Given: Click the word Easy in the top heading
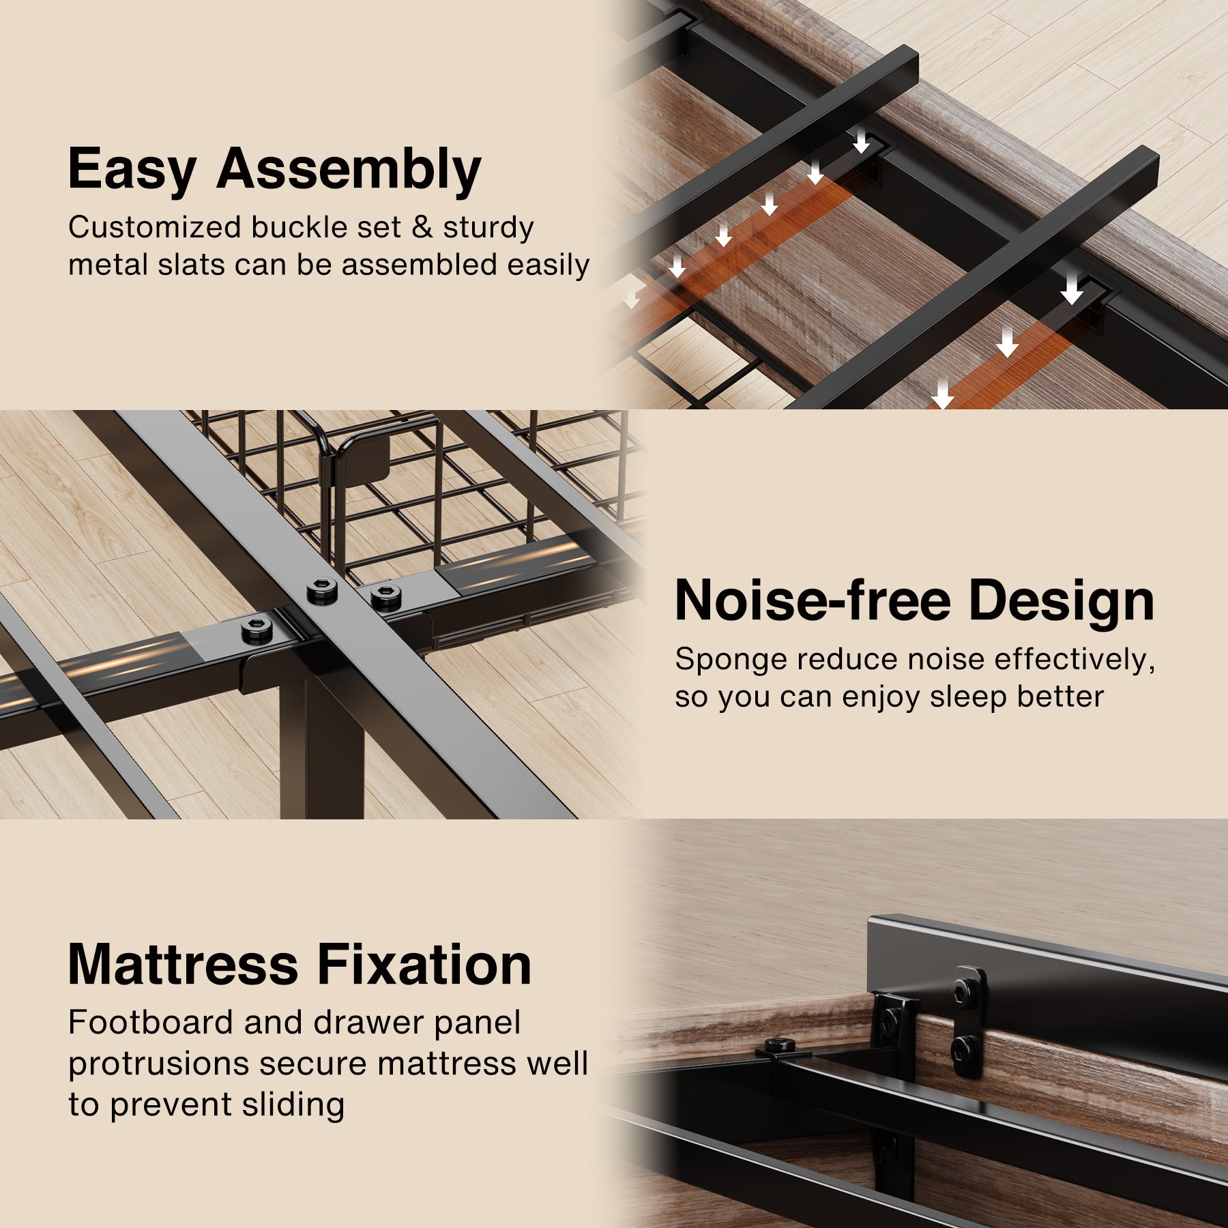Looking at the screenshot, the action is [132, 170].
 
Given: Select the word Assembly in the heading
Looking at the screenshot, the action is [349, 170].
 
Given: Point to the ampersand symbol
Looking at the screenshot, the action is [422, 227].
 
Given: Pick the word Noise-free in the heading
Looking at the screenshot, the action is [813, 600].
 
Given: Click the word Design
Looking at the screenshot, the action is [1061, 600].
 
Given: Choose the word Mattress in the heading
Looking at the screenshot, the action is [184, 965].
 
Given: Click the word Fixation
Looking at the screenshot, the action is [424, 965].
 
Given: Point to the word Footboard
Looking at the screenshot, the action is [151, 1023].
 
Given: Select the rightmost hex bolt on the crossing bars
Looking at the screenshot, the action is [386, 596].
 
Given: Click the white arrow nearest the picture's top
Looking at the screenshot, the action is [861, 140].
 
